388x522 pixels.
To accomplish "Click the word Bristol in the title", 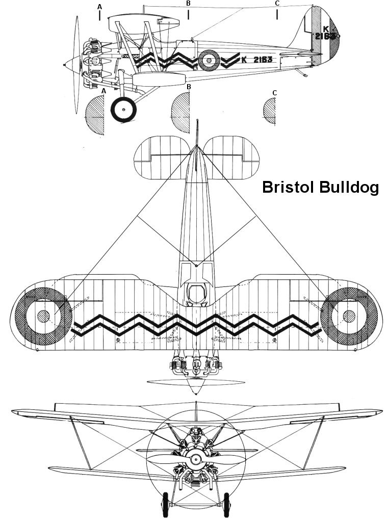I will pyautogui.click(x=288, y=187).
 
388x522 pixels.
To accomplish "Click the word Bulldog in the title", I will pyautogui.click(x=350, y=187).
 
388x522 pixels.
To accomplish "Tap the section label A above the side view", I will pyautogui.click(x=99, y=6).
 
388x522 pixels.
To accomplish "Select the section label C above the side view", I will pyautogui.click(x=277, y=4).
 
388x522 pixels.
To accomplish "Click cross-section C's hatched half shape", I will pyautogui.click(x=269, y=111).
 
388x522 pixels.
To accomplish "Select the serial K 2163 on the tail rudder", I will pyautogui.click(x=326, y=33).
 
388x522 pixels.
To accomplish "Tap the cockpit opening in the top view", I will pyautogui.click(x=196, y=294).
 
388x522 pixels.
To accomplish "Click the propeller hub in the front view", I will pyautogui.click(x=194, y=459).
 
